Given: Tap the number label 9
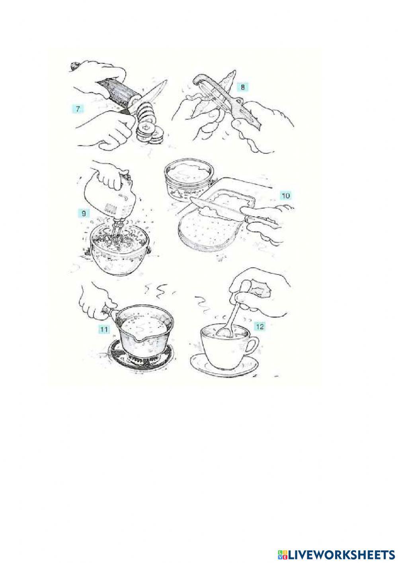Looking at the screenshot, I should [84, 214].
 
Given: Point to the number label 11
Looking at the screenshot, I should [104, 329].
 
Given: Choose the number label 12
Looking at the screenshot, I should [259, 327].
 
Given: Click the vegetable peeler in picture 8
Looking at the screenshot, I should [223, 100].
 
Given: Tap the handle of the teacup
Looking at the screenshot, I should [253, 344].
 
